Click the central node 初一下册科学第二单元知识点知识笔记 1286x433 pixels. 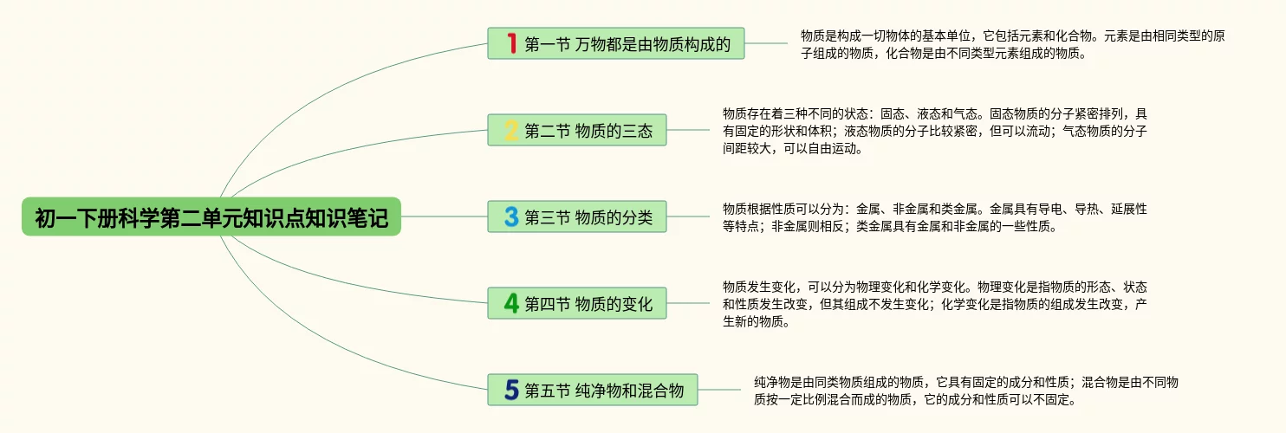click(211, 217)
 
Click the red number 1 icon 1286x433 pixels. click(511, 43)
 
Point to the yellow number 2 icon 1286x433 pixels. click(511, 131)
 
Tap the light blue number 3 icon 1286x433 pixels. click(511, 216)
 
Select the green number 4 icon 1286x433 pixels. click(511, 304)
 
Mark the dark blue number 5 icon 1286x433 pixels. click(511, 391)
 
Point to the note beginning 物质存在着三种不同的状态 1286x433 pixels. click(934, 131)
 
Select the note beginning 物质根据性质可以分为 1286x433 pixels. click(934, 217)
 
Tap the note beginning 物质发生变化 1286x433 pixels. click(934, 304)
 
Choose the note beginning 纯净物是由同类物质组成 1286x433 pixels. click(965, 391)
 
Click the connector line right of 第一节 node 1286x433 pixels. click(767, 43)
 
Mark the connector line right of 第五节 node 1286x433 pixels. click(719, 390)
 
